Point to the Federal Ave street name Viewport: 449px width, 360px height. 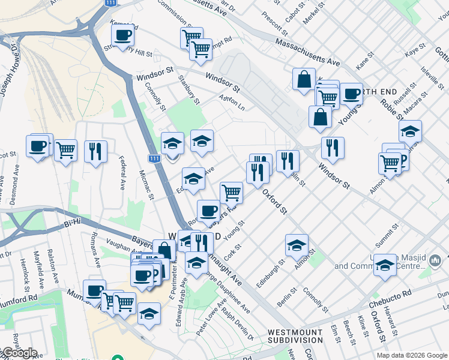coord(121,173)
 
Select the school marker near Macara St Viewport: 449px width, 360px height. coord(410,131)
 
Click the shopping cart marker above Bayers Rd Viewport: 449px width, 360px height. coord(231,193)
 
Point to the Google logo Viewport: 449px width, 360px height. coord(19,353)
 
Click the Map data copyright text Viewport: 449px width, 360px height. coord(412,355)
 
